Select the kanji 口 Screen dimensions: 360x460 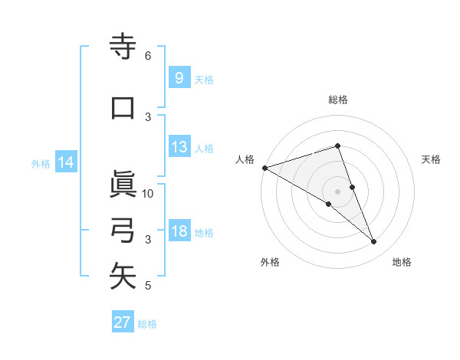pyautogui.click(x=123, y=108)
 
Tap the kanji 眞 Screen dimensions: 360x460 pyautogui.click(x=123, y=185)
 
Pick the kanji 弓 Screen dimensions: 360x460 pyautogui.click(x=123, y=231)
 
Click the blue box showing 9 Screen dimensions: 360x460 pyautogui.click(x=179, y=78)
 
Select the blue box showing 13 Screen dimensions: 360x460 pyautogui.click(x=179, y=147)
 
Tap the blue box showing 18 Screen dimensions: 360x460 pyautogui.click(x=179, y=231)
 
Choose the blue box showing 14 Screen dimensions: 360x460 pyautogui.click(x=66, y=162)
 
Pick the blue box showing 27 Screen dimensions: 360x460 pyautogui.click(x=123, y=322)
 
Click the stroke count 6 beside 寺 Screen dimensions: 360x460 pyautogui.click(x=148, y=55)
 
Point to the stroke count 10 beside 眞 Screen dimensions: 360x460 pyautogui.click(x=148, y=193)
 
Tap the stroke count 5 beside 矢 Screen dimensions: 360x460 pyautogui.click(x=148, y=286)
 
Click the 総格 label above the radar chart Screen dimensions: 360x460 pyautogui.click(x=337, y=100)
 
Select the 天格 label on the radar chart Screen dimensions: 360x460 pyautogui.click(x=431, y=159)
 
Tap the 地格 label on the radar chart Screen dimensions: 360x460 pyautogui.click(x=402, y=262)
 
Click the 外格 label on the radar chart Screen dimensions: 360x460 pyautogui.click(x=270, y=262)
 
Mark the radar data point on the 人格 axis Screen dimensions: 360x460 pyautogui.click(x=264, y=167)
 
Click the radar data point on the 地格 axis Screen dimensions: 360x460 pyautogui.click(x=374, y=242)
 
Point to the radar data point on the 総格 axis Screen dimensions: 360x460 pyautogui.click(x=337, y=146)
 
